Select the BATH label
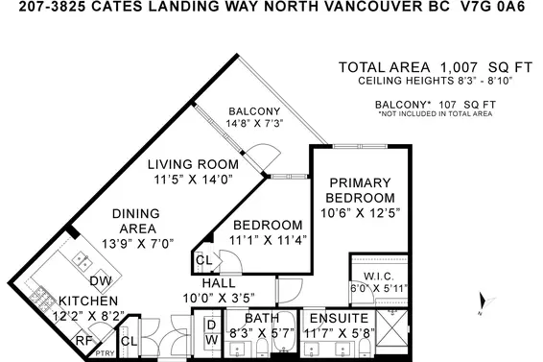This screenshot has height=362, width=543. pyautogui.click(x=261, y=317)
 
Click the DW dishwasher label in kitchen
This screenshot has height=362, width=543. pyautogui.click(x=99, y=280)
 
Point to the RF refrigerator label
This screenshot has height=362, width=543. pyautogui.click(x=83, y=339)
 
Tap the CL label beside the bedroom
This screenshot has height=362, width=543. pyautogui.click(x=203, y=260)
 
